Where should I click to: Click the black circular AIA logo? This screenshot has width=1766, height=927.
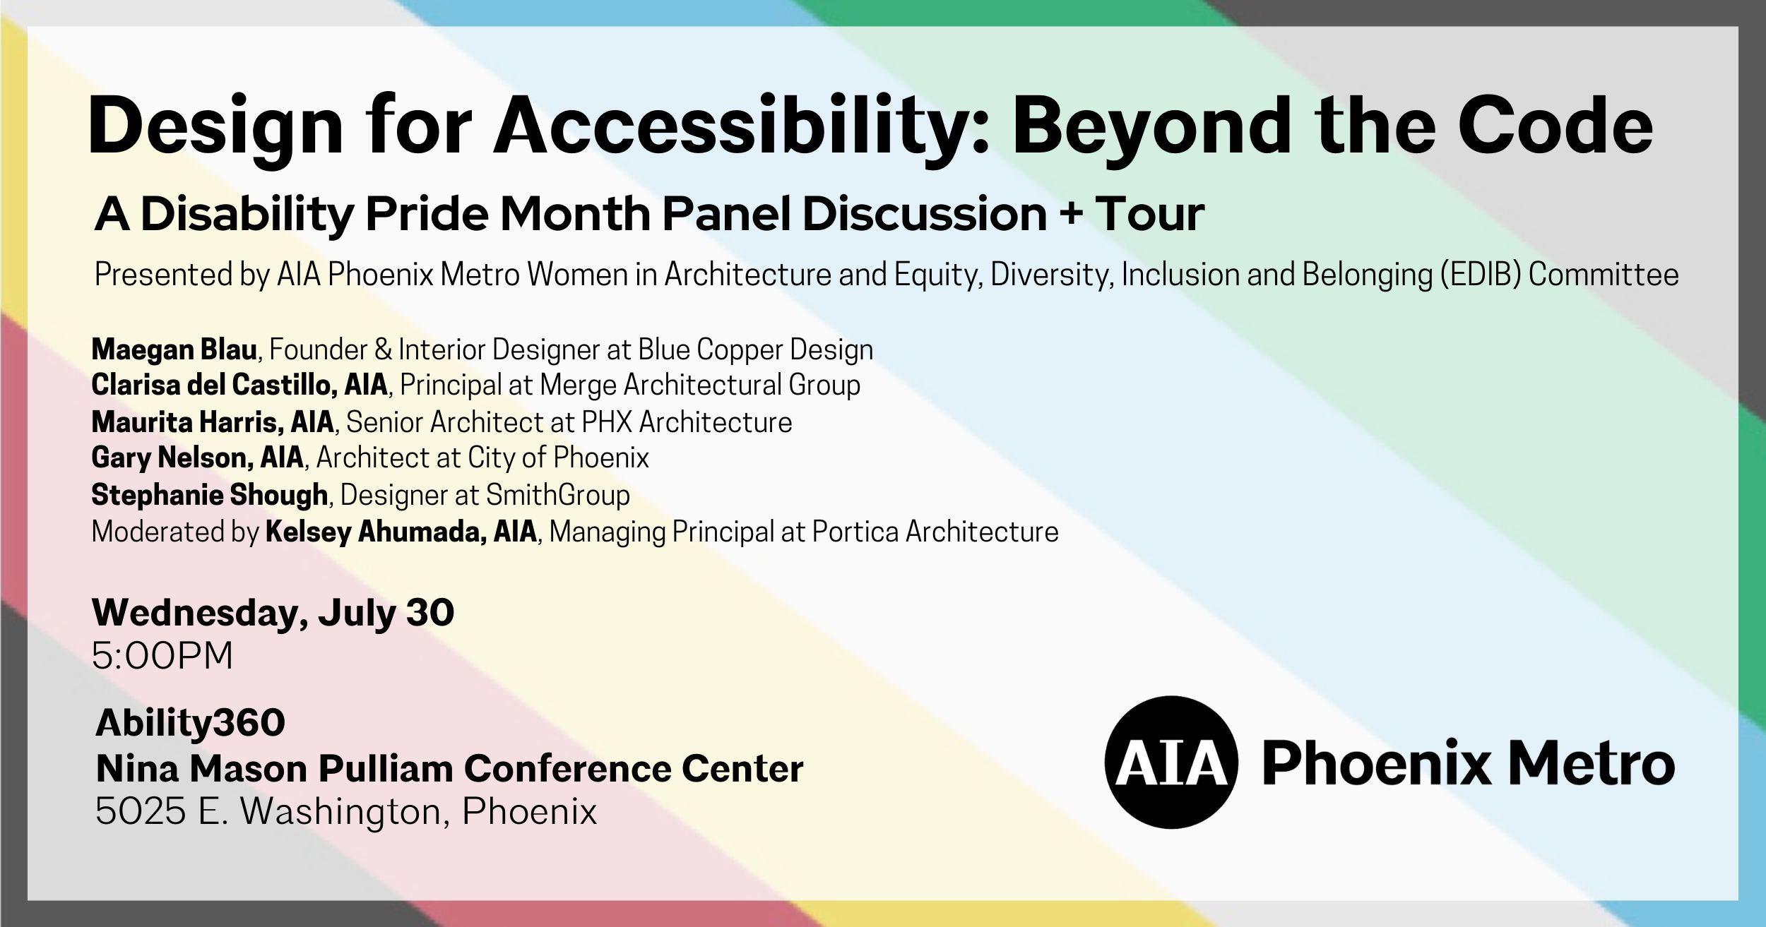coord(1171,762)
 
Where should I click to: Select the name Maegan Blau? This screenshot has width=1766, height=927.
coord(174,349)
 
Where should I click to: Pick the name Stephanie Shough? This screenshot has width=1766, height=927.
coord(209,495)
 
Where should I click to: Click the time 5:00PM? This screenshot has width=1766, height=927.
coord(162,656)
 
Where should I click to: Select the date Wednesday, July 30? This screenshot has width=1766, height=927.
coord(273,612)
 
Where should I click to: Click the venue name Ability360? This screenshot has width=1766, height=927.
coord(190,722)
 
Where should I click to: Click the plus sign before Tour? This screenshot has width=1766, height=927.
coord(1072,214)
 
